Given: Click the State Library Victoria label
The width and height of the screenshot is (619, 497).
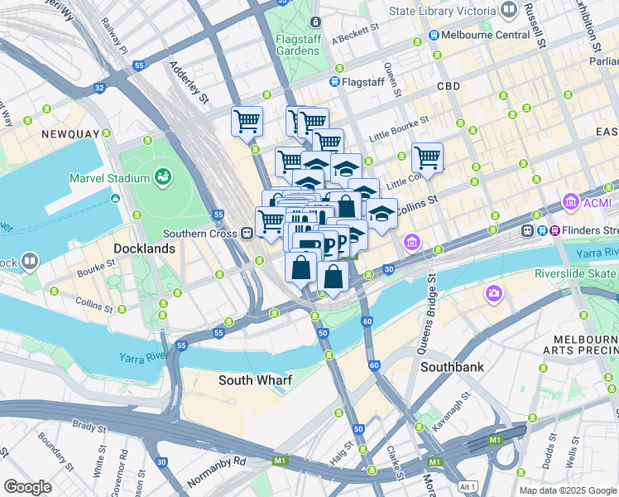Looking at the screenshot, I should [442, 11].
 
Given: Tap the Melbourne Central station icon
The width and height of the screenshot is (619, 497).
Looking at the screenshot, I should [434, 35].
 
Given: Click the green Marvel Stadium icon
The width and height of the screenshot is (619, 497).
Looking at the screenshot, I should [164, 177].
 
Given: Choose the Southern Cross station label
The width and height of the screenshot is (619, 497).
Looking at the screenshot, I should [199, 234].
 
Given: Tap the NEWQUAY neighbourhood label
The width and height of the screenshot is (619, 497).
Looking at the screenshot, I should [71, 133].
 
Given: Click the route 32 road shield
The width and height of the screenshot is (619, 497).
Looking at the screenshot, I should [100, 87].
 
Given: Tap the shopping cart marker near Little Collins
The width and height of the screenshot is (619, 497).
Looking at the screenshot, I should [427, 156].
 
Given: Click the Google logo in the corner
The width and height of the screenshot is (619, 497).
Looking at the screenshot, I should [27, 487].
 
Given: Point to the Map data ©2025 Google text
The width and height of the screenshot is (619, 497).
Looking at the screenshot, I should [567, 490].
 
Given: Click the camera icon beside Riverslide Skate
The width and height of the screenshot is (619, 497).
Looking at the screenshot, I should [494, 292].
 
